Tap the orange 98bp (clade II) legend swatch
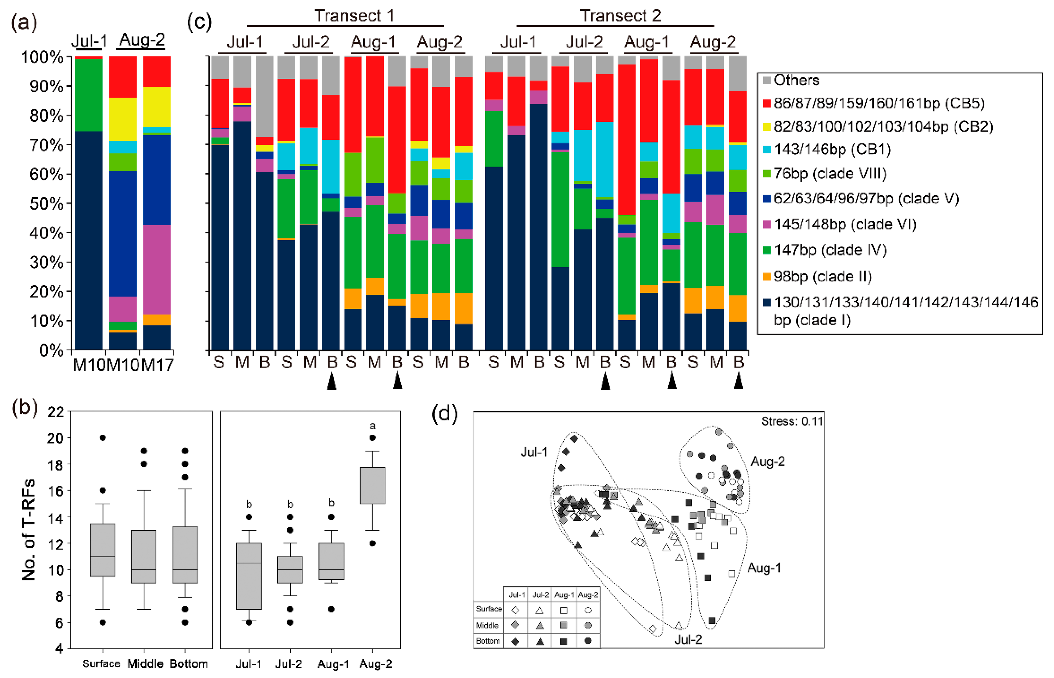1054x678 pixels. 767,277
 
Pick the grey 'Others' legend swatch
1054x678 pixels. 767,80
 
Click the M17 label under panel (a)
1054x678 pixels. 157,365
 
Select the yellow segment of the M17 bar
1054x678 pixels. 157,107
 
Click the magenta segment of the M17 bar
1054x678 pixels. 157,269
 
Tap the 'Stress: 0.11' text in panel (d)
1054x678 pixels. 792,421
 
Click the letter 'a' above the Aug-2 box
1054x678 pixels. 372,426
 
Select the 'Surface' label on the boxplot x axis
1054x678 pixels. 101,664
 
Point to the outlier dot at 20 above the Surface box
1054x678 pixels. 102,438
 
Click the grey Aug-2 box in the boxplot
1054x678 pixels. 372,485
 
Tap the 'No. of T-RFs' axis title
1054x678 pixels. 29,530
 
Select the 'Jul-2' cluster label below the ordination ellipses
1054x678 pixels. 688,639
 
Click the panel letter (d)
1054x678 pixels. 445,414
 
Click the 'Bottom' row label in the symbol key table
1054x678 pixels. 488,641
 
